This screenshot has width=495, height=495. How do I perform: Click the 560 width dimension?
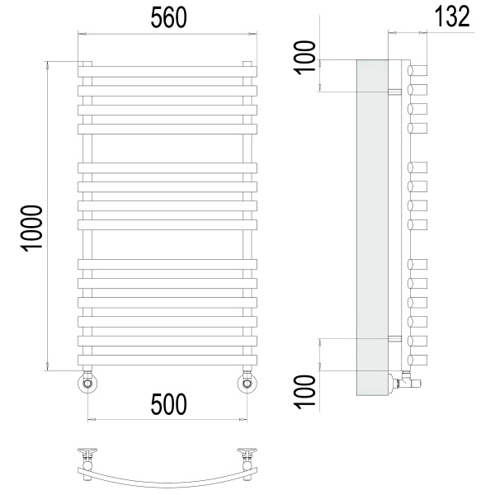coord(167,16)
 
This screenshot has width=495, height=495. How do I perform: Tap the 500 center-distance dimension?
coord(168,404)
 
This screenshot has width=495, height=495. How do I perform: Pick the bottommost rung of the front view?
coord(167,361)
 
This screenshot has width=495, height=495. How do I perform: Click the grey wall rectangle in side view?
coord(372,227)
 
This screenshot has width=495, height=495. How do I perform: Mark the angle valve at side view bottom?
coord(408,380)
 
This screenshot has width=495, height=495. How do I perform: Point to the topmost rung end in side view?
coord(419,68)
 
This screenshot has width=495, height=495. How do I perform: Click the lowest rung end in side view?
coord(419,361)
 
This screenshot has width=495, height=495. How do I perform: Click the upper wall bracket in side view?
coord(395,91)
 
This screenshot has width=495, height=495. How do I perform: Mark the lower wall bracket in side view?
coord(395,338)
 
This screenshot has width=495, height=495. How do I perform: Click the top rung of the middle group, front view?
coord(167,167)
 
